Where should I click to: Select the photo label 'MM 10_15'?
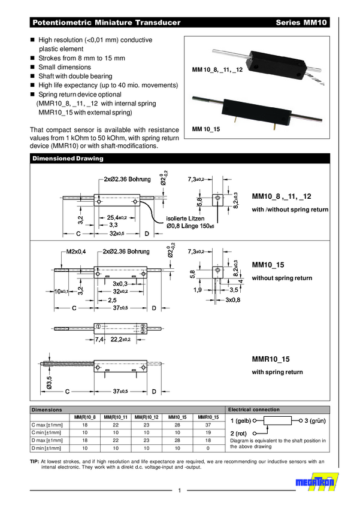coord(205,129)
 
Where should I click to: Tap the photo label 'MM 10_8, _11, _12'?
coord(217,70)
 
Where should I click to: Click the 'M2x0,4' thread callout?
coord(77,252)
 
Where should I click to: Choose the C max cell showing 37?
coord(208,425)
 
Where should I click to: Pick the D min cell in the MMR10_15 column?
coord(208,447)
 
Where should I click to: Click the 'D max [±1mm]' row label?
coord(46,440)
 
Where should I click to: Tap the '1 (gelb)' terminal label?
coord(241,421)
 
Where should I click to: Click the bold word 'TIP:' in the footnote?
coord(34,462)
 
